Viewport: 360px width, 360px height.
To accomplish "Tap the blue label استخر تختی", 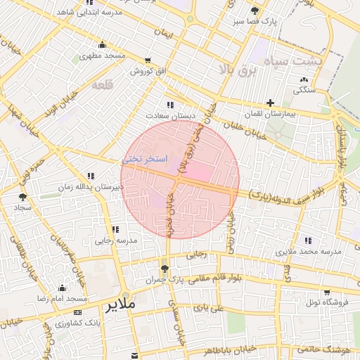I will click(146, 160).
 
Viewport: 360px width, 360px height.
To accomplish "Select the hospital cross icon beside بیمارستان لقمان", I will click(270, 103).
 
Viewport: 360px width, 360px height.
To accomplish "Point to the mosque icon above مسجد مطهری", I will click(103, 45).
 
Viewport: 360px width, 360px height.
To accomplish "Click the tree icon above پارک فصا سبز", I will click(255, 11).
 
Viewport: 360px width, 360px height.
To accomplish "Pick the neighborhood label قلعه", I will click(103, 84).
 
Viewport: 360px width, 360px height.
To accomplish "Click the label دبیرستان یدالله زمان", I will click(90, 186).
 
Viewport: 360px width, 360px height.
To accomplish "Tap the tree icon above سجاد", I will click(22, 198).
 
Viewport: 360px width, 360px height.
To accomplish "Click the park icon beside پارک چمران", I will click(165, 269).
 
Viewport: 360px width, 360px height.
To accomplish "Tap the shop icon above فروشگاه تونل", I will click(326, 292).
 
